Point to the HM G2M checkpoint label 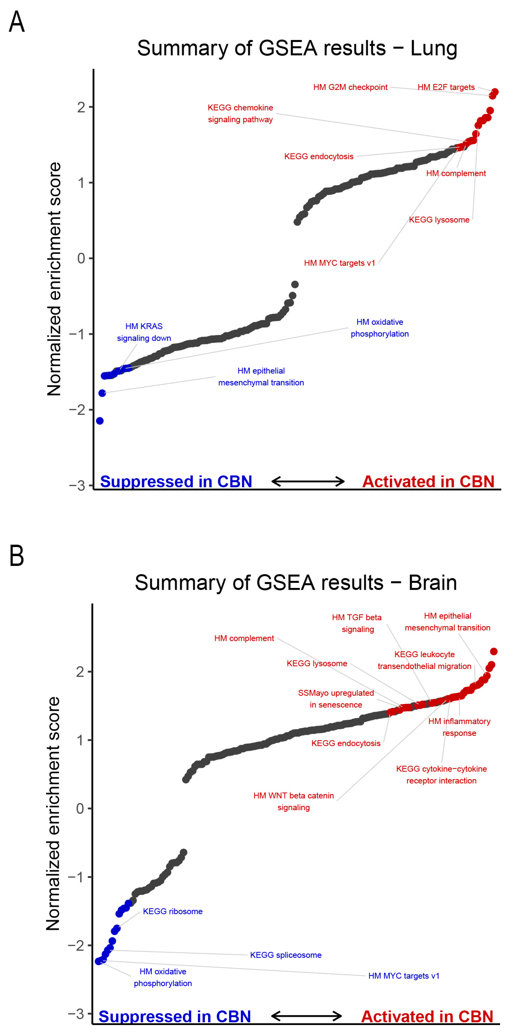350,87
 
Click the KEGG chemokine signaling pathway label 240,113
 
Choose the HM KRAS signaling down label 144,332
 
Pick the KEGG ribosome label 172,911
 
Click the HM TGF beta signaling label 357,623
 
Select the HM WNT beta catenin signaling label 294,801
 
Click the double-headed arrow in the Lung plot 308,481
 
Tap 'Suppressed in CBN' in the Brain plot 175,1016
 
